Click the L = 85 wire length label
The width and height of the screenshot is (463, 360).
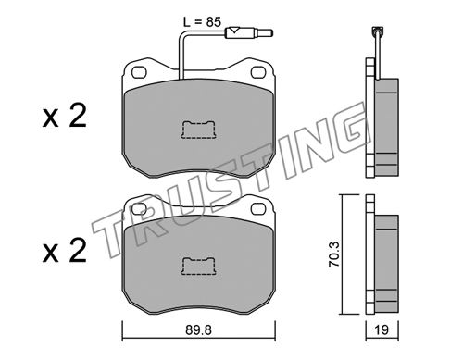tap(202, 22)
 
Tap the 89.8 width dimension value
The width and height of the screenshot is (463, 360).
tap(199, 330)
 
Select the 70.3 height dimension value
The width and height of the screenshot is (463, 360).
tap(334, 254)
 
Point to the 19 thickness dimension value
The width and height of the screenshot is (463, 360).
tap(382, 329)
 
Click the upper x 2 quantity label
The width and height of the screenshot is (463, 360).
tap(65, 117)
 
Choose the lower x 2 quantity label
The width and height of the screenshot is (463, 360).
tap(65, 252)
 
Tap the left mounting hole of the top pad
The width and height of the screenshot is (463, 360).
tap(139, 72)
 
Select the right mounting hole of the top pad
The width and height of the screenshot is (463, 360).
tap(258, 72)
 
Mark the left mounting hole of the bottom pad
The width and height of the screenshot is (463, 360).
tap(139, 209)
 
